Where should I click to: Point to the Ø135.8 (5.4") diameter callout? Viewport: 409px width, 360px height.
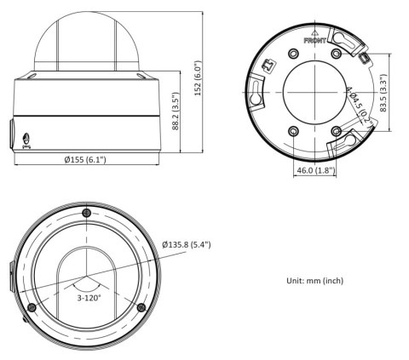pyautogui.click(x=186, y=245)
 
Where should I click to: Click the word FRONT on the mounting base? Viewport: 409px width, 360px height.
pyautogui.click(x=314, y=39)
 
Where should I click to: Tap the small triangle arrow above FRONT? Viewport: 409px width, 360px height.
pyautogui.click(x=315, y=31)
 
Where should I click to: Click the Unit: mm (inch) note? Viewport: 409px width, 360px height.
pyautogui.click(x=314, y=280)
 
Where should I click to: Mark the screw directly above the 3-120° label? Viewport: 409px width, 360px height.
pyautogui.click(x=86, y=212)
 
